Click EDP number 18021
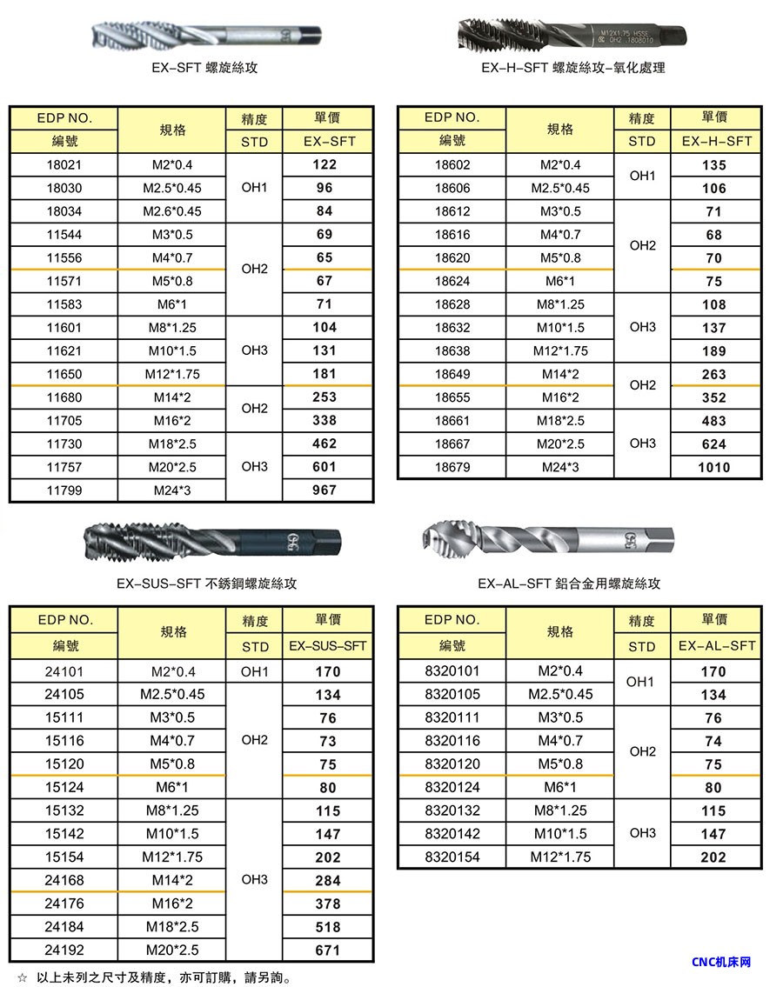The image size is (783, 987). tap(63, 165)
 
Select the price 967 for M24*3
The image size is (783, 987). tap(324, 490)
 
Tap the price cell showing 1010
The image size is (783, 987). tap(713, 468)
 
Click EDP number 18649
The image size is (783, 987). tap(452, 375)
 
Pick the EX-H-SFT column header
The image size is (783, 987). tap(715, 141)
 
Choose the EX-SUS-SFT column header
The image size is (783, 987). tap(328, 646)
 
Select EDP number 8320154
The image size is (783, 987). tap(452, 857)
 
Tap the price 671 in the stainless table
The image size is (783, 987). tap(327, 950)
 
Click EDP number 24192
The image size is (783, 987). tap(64, 950)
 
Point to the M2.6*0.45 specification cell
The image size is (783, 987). tap(171, 211)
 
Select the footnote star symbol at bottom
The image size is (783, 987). tap(23, 977)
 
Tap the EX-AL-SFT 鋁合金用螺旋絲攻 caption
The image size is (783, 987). tap(569, 584)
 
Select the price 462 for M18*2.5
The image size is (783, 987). tap(324, 444)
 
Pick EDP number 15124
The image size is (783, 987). tap(64, 788)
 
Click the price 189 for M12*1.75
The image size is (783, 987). tap(713, 351)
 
